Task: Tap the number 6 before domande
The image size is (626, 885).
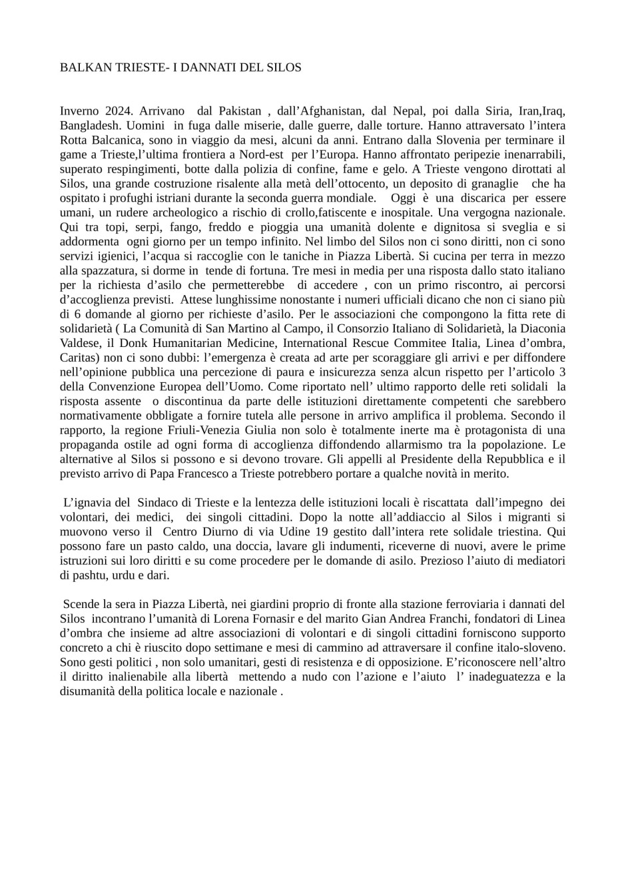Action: (x=76, y=314)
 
